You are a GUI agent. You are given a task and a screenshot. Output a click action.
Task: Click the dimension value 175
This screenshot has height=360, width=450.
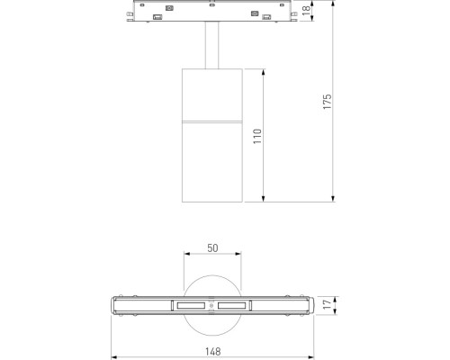tap(328, 102)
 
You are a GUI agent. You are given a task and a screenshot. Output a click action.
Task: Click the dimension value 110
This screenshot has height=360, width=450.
tap(257, 135)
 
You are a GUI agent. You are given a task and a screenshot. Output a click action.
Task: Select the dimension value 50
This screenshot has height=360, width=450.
tap(212, 247)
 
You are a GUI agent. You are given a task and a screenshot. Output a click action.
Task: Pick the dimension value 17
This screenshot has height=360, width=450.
tap(328, 306)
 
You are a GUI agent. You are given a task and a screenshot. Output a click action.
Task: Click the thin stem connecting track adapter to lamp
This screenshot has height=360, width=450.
tap(212, 44)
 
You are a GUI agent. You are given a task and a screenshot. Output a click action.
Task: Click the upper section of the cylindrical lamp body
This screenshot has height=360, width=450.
tap(212, 92)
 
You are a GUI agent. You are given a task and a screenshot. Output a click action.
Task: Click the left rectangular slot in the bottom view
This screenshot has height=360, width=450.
tap(191, 307)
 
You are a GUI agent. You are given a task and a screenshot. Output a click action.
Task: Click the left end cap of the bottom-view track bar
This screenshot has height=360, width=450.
tap(118, 307)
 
